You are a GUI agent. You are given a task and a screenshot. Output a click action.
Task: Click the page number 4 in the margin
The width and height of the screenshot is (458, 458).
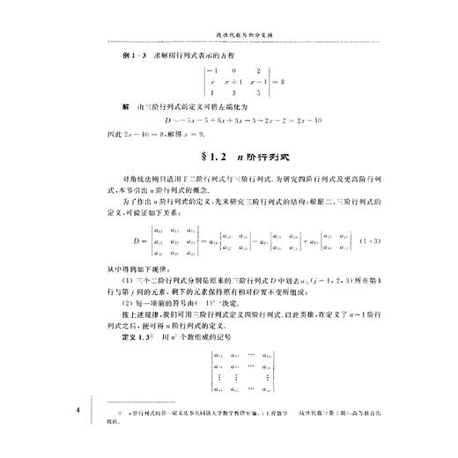coord(79,410)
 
